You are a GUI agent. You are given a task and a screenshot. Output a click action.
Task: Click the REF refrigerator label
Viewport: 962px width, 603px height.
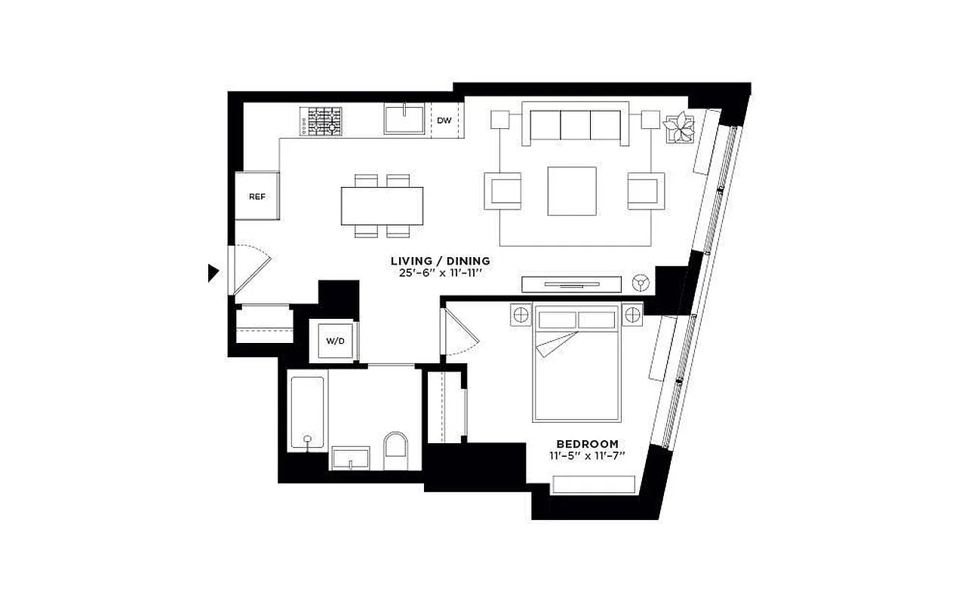257,197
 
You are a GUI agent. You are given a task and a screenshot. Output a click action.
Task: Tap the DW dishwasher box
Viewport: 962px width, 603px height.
444,121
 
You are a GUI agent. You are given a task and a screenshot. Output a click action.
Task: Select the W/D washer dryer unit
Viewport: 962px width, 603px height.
335,341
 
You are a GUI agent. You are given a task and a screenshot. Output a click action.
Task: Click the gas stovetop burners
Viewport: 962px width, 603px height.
322,121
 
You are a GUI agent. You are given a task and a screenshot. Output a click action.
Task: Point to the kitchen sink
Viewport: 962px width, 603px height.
404,120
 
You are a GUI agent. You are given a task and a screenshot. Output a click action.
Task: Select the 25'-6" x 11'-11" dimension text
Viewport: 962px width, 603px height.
441,273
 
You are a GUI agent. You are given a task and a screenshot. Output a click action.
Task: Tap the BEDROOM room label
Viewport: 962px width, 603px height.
587,444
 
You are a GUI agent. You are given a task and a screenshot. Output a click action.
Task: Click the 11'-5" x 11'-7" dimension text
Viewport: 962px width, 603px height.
587,456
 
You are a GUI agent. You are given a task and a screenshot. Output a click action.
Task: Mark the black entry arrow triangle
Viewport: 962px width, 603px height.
214,273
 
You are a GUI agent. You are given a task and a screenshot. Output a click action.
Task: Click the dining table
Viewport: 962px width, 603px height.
382,206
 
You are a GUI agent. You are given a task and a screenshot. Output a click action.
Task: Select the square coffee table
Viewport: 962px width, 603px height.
572,191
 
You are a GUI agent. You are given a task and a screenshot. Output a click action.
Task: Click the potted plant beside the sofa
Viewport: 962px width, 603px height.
679,127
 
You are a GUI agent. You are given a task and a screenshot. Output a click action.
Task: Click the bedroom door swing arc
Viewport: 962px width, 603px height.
462,332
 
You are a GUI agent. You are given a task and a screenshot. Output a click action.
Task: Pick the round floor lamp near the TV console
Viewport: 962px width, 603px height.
641,283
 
